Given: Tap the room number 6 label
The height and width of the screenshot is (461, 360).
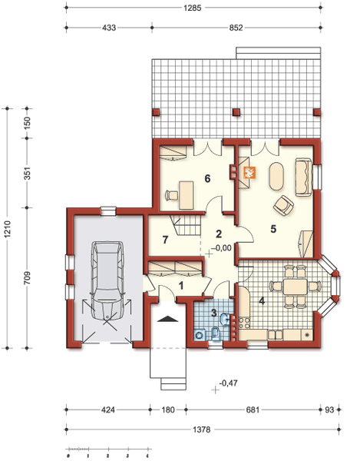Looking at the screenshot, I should click(x=206, y=178).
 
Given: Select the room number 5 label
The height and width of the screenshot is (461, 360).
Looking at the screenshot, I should click(x=272, y=228).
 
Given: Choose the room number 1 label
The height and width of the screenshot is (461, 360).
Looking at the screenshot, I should click(x=181, y=285).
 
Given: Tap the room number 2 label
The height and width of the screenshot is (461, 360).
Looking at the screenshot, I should click(x=219, y=234).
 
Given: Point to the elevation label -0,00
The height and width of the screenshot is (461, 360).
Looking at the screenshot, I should click(x=221, y=248).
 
